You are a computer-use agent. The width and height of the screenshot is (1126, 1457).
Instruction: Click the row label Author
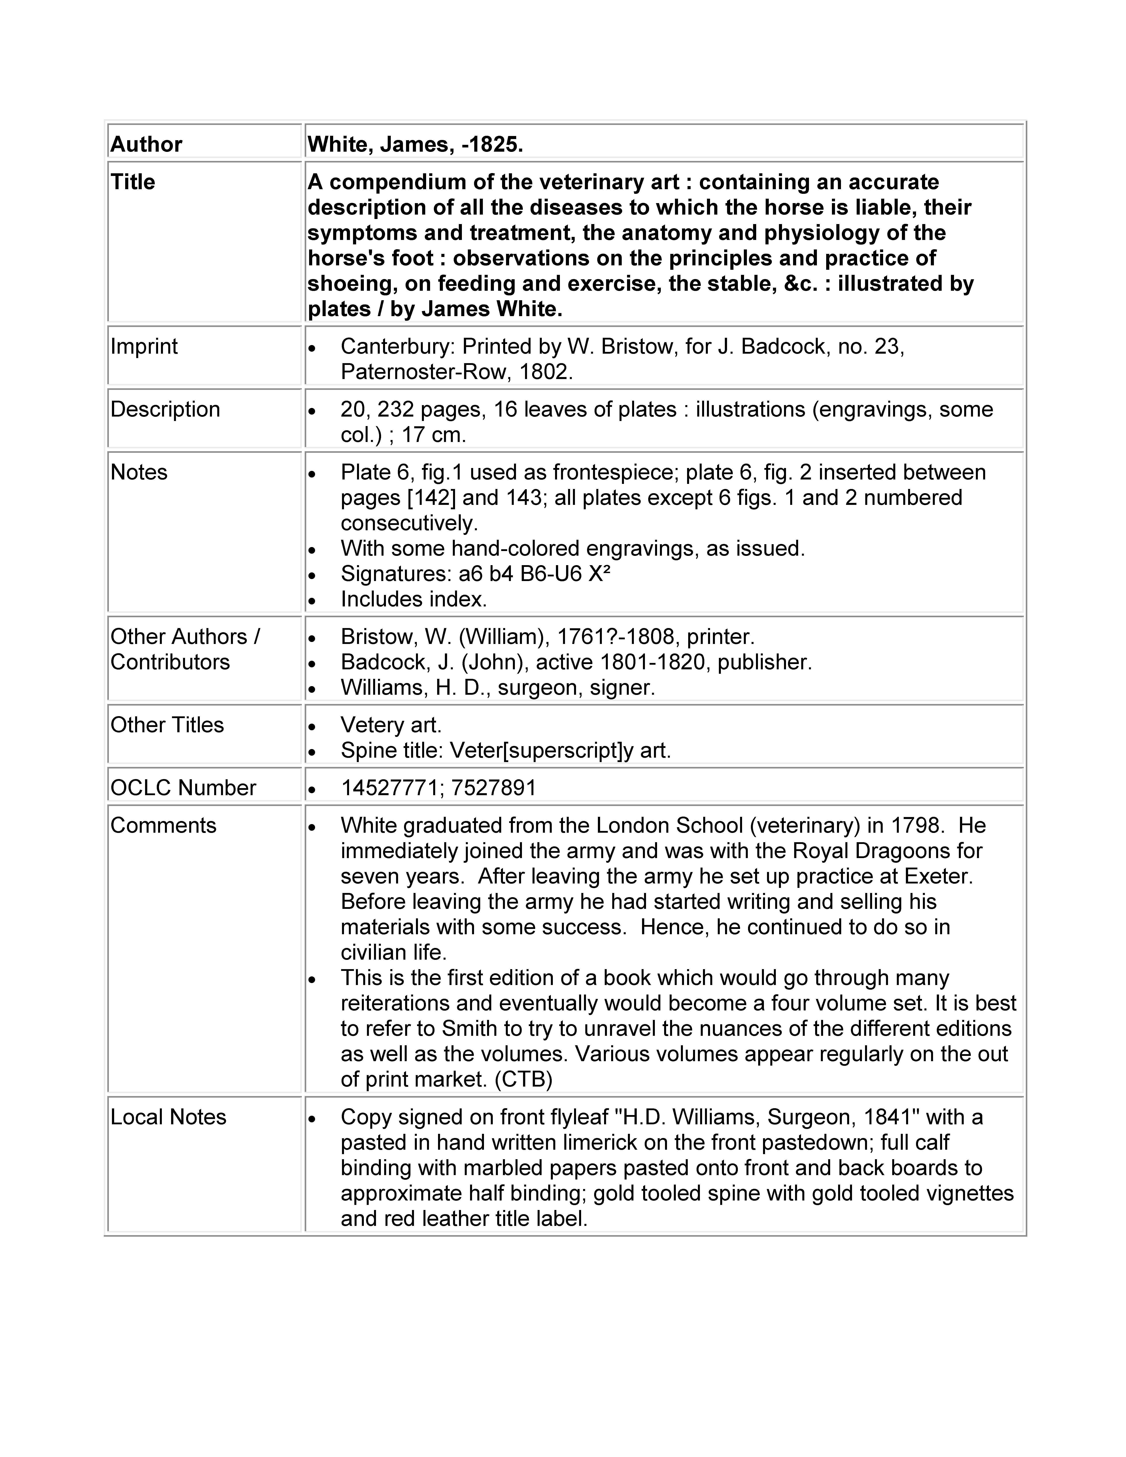(x=146, y=144)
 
